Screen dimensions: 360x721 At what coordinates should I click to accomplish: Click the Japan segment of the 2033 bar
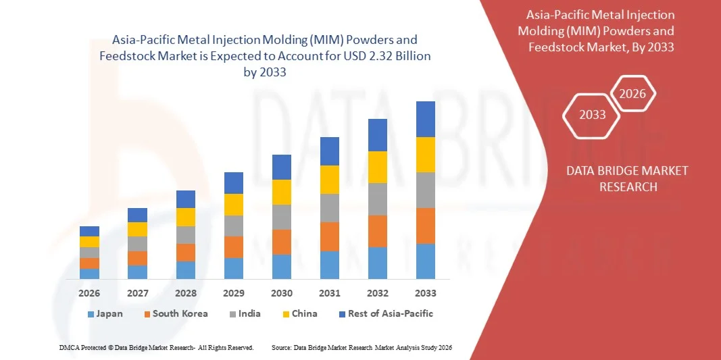click(x=426, y=261)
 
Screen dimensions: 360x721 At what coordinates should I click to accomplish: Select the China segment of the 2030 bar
click(x=282, y=192)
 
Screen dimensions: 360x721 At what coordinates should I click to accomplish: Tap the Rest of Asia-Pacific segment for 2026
click(x=89, y=231)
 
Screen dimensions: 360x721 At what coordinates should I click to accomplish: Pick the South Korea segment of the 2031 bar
click(x=330, y=236)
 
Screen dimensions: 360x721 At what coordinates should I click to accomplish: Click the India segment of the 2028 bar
click(x=186, y=235)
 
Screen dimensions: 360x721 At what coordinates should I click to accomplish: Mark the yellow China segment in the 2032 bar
click(x=378, y=167)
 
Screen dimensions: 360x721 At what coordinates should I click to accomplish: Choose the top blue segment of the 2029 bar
click(x=234, y=183)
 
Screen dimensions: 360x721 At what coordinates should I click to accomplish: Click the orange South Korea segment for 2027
click(x=137, y=258)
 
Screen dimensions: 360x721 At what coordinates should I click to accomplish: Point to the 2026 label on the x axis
click(x=89, y=293)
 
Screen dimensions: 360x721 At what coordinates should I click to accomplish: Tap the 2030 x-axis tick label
click(x=282, y=293)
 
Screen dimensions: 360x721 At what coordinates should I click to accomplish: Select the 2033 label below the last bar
click(x=426, y=293)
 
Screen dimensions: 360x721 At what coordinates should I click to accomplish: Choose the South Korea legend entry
click(x=175, y=314)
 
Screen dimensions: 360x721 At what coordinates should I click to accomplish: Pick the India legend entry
click(x=244, y=314)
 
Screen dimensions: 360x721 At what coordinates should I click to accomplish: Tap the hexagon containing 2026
click(x=633, y=95)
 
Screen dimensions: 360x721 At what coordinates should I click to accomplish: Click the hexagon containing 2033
click(x=593, y=115)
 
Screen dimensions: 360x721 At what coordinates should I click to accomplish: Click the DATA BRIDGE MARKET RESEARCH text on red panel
click(x=628, y=178)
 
